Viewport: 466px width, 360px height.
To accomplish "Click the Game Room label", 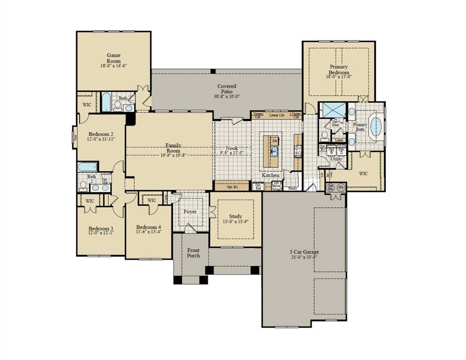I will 113,58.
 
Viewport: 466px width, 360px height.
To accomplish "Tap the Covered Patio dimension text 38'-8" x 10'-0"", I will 226,96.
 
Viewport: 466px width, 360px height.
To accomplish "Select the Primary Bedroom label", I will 338,70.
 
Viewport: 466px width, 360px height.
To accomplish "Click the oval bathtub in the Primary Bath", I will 376,127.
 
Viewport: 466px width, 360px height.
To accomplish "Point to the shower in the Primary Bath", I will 332,110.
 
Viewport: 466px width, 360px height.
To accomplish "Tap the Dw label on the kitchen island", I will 275,141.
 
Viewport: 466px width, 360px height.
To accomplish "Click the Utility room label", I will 336,159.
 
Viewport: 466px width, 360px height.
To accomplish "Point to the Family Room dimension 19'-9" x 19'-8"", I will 173,155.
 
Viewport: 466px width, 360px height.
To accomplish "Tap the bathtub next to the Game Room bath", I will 106,102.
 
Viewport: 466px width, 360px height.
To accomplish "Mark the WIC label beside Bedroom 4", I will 151,200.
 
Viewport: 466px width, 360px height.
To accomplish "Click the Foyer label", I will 190,212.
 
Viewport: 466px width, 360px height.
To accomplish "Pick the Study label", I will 236,216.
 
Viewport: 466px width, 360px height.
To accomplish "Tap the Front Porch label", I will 193,253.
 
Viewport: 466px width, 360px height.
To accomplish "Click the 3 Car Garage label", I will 304,252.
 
